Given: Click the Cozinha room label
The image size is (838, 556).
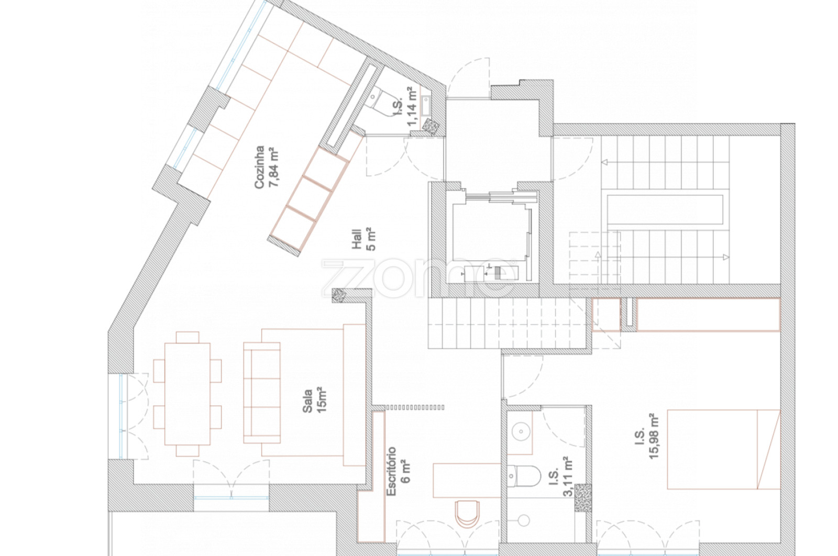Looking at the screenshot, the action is pyautogui.click(x=259, y=167).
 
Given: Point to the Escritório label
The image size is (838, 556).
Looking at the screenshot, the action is pyautogui.click(x=391, y=471).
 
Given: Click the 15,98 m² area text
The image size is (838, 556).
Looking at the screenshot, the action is pyautogui.click(x=653, y=436).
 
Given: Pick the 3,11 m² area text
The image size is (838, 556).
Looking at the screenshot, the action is pyautogui.click(x=568, y=477).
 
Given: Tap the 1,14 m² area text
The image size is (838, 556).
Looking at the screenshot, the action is pyautogui.click(x=412, y=107).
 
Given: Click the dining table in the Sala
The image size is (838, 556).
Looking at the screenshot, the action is pyautogui.click(x=188, y=394).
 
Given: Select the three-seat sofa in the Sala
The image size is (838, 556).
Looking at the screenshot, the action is pyautogui.click(x=262, y=393).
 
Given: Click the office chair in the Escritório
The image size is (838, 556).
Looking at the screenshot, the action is pyautogui.click(x=467, y=514).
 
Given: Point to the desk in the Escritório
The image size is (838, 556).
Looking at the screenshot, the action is pyautogui.click(x=467, y=481).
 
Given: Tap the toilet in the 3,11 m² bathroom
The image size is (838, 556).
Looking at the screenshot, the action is pyautogui.click(x=524, y=476).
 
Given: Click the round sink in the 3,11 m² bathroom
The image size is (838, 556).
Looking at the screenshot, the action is pyautogui.click(x=521, y=432).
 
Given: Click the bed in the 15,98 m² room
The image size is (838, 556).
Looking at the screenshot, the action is pyautogui.click(x=723, y=449).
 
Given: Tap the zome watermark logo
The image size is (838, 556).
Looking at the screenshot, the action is pyautogui.click(x=419, y=277).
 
